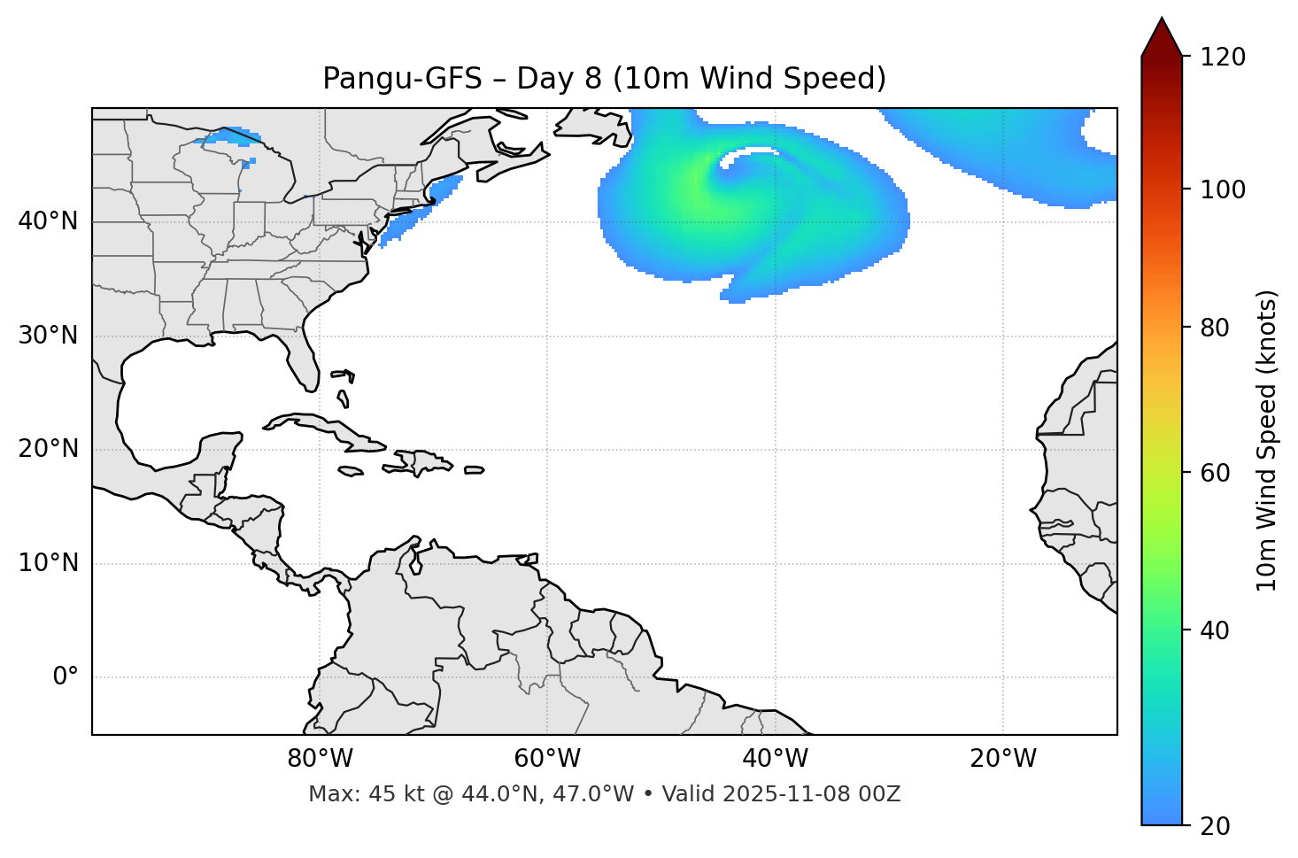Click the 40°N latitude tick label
tap(48, 221)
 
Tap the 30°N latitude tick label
tap(48, 336)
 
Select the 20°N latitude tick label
tap(48, 449)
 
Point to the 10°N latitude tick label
tap(48, 563)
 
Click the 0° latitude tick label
tap(65, 677)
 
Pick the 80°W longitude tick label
tap(320, 759)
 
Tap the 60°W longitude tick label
tap(547, 759)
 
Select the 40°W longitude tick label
tap(775, 759)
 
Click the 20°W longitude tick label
tap(1003, 759)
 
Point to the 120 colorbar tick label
tap(1222, 58)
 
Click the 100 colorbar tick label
tap(1222, 189)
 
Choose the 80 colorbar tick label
tap(1215, 329)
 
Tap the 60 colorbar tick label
tap(1215, 473)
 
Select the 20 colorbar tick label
tap(1215, 826)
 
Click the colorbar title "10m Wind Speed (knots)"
tap(1267, 440)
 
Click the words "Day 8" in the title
tap(558, 79)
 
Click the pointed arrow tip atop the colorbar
tap(1162, 21)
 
